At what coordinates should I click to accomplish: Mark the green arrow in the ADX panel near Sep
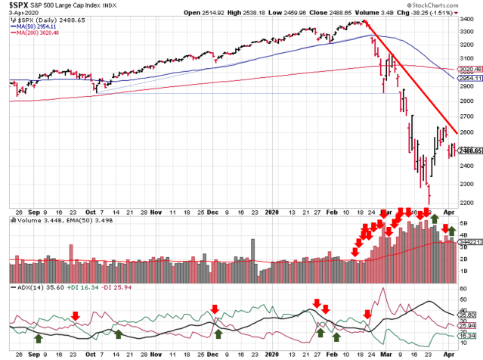point(39,337)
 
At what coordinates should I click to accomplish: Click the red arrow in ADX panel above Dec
point(215,309)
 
